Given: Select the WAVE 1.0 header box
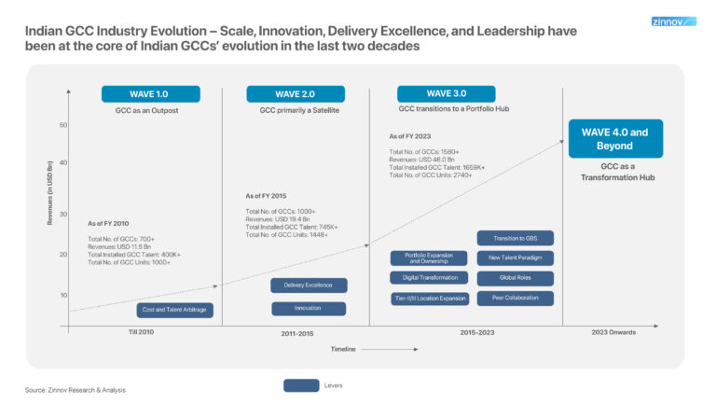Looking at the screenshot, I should tap(150, 94).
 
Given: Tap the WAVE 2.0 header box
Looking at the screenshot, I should tap(296, 94).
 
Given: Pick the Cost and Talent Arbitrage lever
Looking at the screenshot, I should tap(175, 310).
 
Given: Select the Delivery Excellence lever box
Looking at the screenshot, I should tap(309, 286).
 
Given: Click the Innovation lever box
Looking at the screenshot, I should tap(309, 309).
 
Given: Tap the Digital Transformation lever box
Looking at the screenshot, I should tap(430, 278).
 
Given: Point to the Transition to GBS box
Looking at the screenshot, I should tap(515, 238).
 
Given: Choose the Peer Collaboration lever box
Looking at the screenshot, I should tap(515, 299).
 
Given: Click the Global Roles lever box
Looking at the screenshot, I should tap(515, 278).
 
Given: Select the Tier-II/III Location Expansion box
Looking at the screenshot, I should tap(430, 299).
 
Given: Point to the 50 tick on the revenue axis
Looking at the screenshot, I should tap(63, 125).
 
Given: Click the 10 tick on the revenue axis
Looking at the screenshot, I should tap(63, 295).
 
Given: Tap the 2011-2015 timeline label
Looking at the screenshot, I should tap(296, 333).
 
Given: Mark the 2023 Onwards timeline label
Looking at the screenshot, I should tap(614, 332).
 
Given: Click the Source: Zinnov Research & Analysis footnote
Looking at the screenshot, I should tap(75, 389).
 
